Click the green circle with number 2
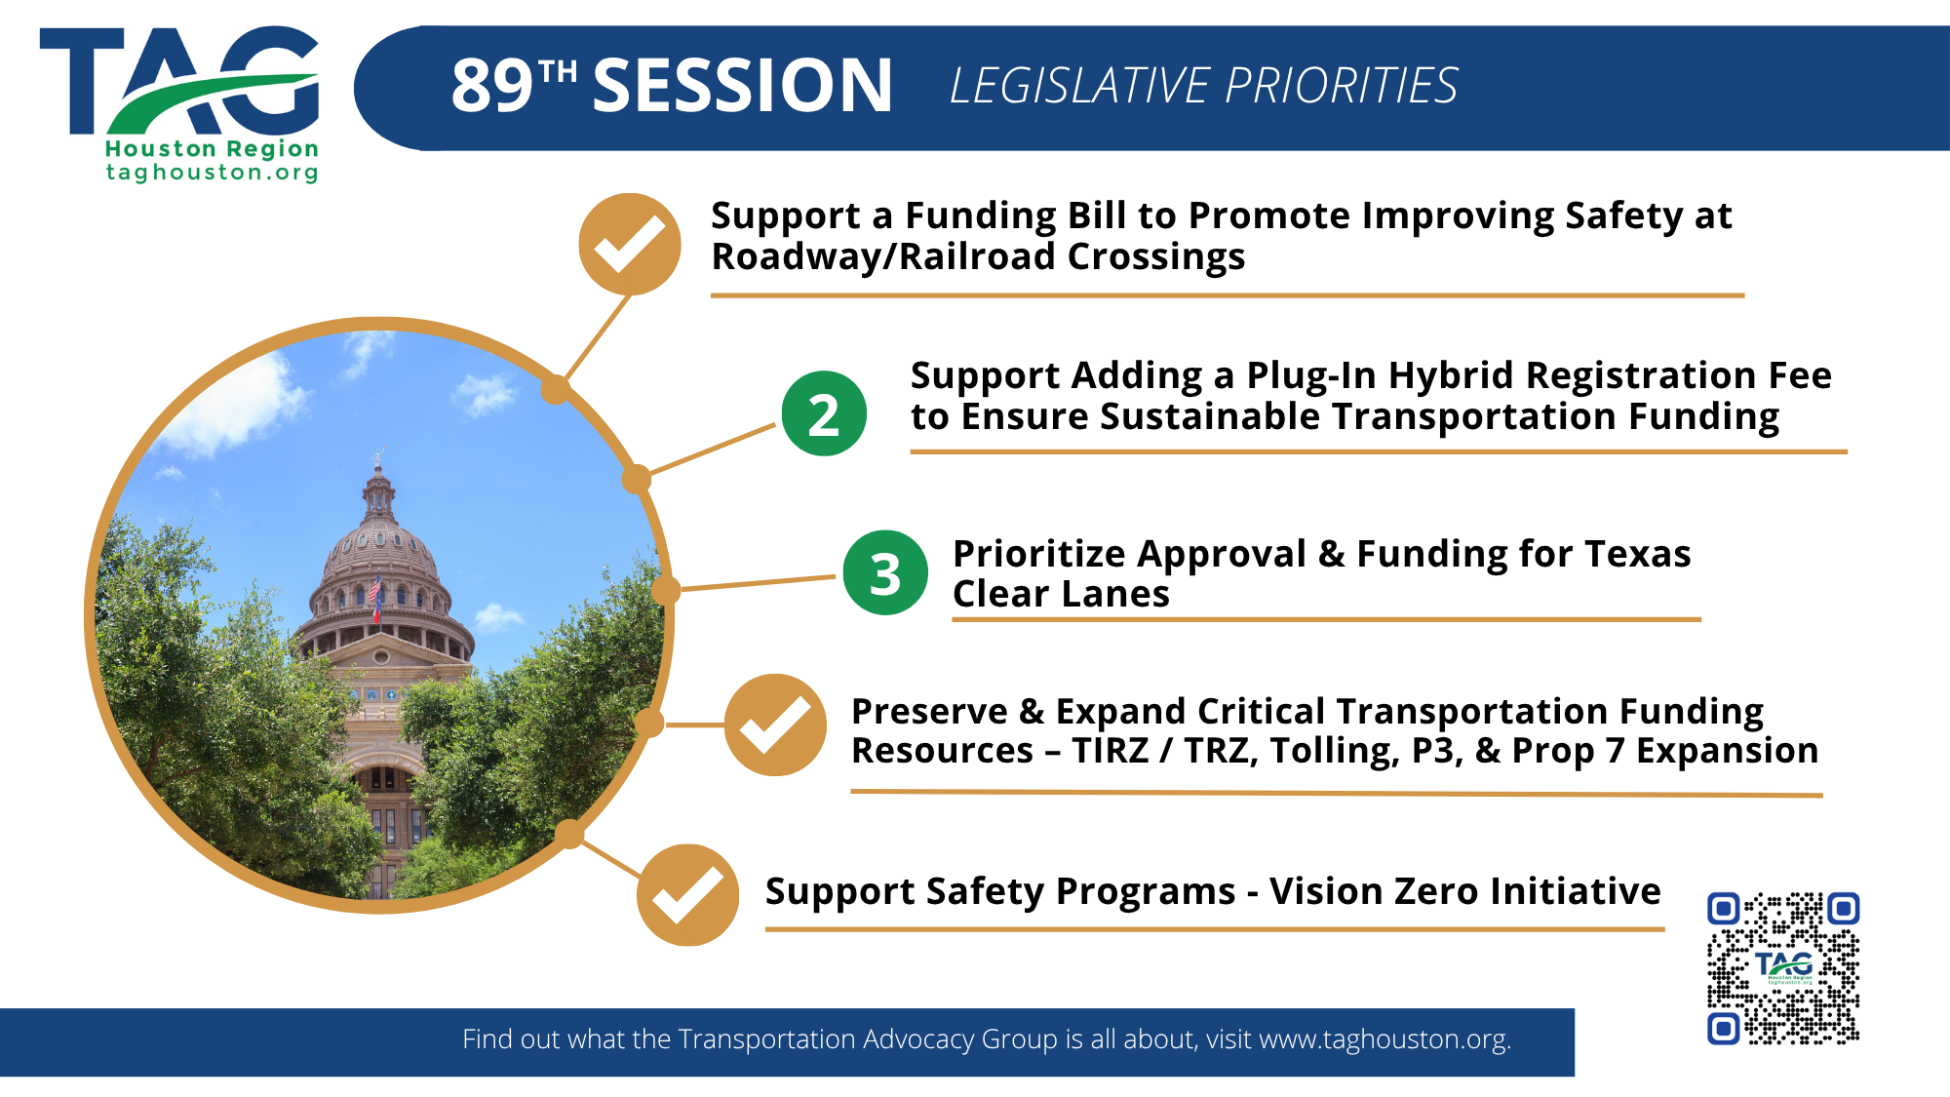[824, 413]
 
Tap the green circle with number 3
[885, 572]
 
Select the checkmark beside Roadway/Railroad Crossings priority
[630, 244]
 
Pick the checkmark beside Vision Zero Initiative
[687, 895]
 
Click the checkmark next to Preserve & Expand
[775, 725]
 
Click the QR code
[1783, 968]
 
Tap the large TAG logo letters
[179, 80]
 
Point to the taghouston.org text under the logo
[213, 173]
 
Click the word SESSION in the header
[743, 86]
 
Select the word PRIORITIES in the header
[1342, 86]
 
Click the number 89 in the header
[492, 86]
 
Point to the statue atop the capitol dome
[378, 457]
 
